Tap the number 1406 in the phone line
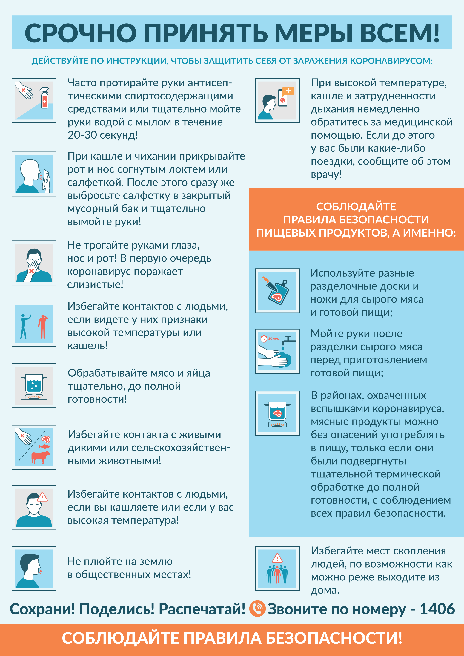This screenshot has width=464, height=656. point(437,609)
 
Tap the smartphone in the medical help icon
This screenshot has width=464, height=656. point(283,98)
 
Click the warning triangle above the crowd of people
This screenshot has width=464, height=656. point(277,558)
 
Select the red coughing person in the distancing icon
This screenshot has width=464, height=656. point(43,326)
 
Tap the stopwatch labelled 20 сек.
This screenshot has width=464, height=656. point(263,339)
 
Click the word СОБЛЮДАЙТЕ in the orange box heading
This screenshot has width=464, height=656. point(356,206)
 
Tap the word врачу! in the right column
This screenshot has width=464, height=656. point(326,174)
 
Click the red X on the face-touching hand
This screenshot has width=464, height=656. point(32,271)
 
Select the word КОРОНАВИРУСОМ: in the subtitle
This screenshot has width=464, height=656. point(391,61)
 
